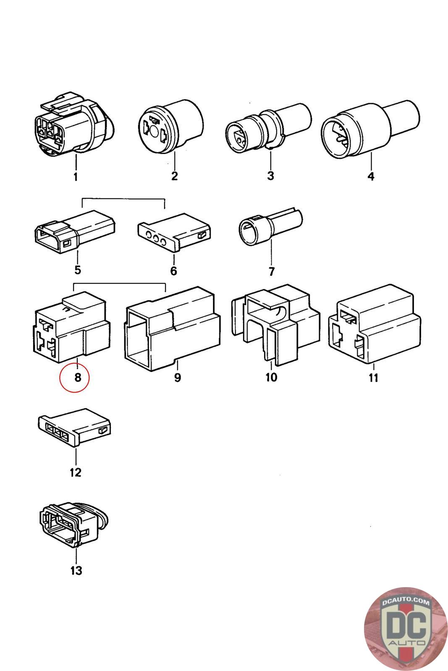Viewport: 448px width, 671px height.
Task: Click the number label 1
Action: tap(76, 177)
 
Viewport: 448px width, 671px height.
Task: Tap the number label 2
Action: tap(175, 176)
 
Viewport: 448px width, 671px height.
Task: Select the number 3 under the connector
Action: tap(270, 176)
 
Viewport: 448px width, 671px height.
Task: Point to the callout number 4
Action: tap(371, 176)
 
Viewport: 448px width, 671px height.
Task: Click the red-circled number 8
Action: tap(78, 377)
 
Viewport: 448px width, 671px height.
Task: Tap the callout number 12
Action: tap(76, 473)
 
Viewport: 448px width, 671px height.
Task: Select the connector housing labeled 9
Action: tap(173, 329)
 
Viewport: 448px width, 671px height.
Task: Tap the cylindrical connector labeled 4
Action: tap(370, 130)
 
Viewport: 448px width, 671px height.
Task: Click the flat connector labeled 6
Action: tap(174, 232)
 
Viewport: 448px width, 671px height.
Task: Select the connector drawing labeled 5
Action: tap(75, 231)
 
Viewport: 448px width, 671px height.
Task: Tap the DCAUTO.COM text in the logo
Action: tap(406, 602)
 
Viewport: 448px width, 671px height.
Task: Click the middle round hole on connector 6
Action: tap(156, 239)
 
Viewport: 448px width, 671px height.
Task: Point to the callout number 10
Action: tap(271, 377)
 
